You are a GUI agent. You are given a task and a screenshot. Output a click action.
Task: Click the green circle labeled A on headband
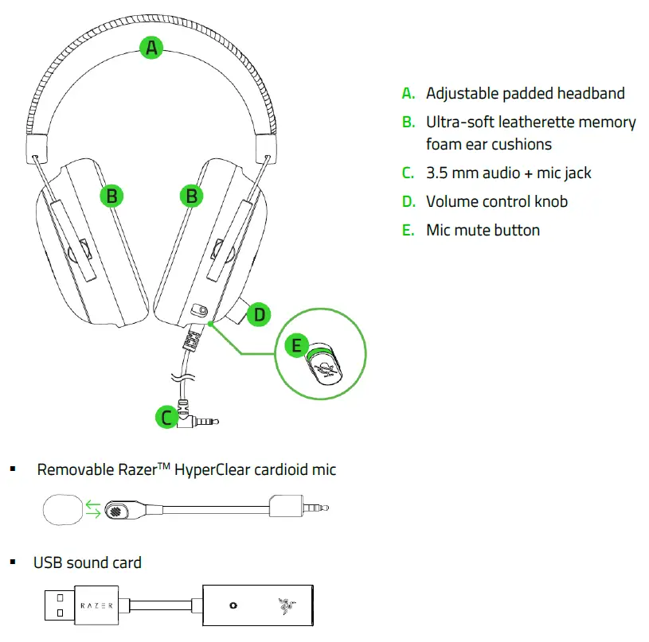(x=151, y=48)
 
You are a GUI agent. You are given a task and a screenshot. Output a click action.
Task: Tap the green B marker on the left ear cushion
(x=113, y=195)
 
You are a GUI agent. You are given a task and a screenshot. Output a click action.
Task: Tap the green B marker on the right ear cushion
(x=191, y=195)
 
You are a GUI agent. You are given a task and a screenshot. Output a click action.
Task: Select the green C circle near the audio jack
(x=166, y=416)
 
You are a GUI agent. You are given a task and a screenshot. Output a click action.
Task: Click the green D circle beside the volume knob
(x=258, y=315)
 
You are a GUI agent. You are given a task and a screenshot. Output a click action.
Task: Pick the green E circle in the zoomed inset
(x=297, y=345)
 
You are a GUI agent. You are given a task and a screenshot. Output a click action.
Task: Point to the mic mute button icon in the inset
(x=323, y=367)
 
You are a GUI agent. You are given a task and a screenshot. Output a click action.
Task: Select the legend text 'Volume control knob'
(x=497, y=201)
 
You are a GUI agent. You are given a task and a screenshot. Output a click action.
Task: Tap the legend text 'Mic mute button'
(x=483, y=230)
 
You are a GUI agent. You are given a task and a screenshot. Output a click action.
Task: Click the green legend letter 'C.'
(x=409, y=173)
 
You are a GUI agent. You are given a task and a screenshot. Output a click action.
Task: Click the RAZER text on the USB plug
(x=97, y=605)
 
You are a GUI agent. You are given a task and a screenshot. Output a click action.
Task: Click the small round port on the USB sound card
(x=233, y=605)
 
